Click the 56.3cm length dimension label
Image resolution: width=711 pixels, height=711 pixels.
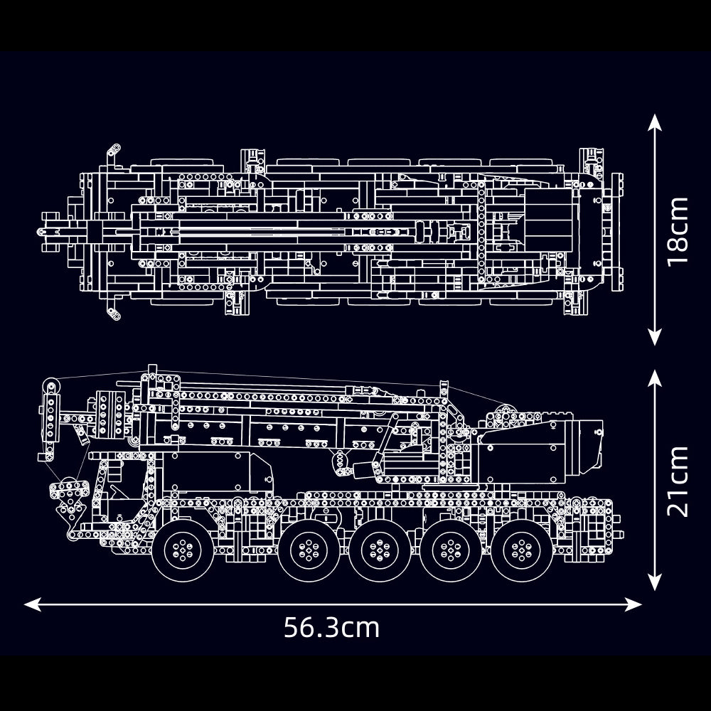[x=331, y=628]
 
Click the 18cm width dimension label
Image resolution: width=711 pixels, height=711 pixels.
[x=679, y=231]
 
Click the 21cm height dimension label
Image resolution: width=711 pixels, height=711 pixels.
[x=679, y=481]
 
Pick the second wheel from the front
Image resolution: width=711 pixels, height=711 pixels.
[x=309, y=548]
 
